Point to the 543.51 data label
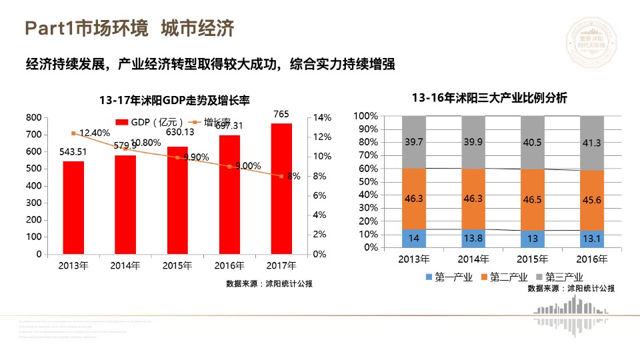coord(73,152)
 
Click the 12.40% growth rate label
coord(94,133)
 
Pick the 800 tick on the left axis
coord(33,117)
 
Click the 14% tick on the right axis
coord(322,117)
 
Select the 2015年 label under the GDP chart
coord(177,265)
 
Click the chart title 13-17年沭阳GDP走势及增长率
coord(174,101)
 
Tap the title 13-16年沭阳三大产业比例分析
coord(489,98)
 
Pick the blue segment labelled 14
coord(414,238)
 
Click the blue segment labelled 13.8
coord(473,238)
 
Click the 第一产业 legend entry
coord(447,277)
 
